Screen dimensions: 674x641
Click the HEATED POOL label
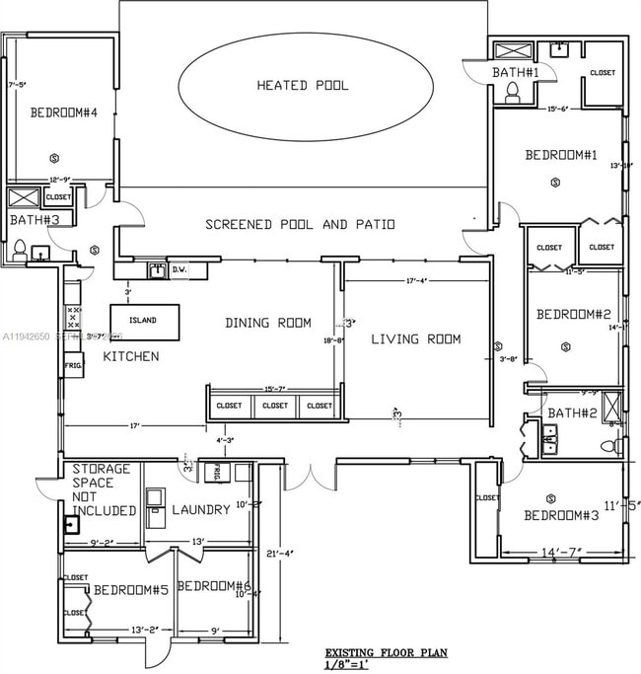303,86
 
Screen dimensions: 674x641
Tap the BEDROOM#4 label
63,112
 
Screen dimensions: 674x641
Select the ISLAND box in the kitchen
144,321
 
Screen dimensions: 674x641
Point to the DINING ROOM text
267,323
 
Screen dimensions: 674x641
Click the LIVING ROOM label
415,339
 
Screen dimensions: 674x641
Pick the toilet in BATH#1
512,92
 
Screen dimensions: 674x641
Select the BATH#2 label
572,412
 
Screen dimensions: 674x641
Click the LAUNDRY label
201,510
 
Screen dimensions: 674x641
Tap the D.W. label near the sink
179,268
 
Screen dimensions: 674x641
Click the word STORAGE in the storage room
96,469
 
